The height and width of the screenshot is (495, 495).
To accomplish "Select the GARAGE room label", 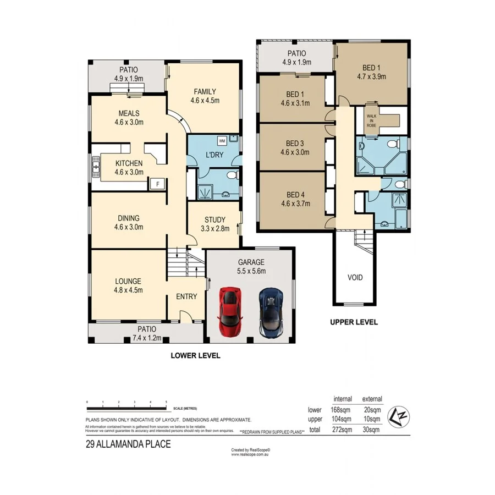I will [x=251, y=262].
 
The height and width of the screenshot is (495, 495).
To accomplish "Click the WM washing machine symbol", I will [x=222, y=140].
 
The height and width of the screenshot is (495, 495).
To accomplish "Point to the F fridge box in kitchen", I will [x=158, y=184].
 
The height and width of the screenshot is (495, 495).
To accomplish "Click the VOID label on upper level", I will [x=355, y=277].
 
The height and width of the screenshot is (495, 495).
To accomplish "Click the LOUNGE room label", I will [x=129, y=280].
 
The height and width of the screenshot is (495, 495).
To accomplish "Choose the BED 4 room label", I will [x=295, y=195].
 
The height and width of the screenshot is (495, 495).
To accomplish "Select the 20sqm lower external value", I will [x=372, y=410].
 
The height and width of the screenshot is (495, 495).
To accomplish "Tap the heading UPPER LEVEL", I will [x=354, y=322].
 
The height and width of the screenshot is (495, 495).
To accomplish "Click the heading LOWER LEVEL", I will [x=195, y=356].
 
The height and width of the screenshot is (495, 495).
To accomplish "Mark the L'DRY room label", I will [x=214, y=155].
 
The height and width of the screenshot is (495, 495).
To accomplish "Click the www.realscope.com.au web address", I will [x=250, y=454].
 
